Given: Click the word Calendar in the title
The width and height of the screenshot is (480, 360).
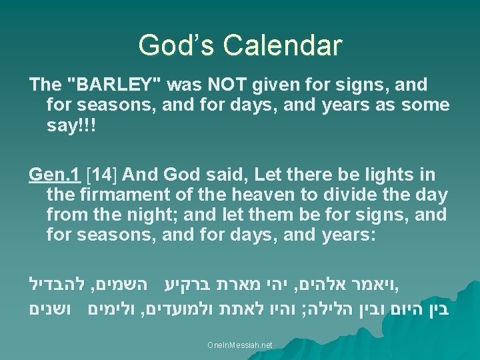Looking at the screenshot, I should coord(283,45).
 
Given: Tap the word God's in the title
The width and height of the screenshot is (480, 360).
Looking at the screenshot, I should coord(177,45).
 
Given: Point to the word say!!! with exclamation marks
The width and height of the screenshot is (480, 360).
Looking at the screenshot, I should coord(71,125).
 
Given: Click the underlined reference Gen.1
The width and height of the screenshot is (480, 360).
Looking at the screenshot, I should coord(56,175).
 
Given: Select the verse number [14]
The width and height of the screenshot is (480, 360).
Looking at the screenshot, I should coord(103,175).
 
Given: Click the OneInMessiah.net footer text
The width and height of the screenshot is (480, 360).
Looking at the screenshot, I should coord(240,345).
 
